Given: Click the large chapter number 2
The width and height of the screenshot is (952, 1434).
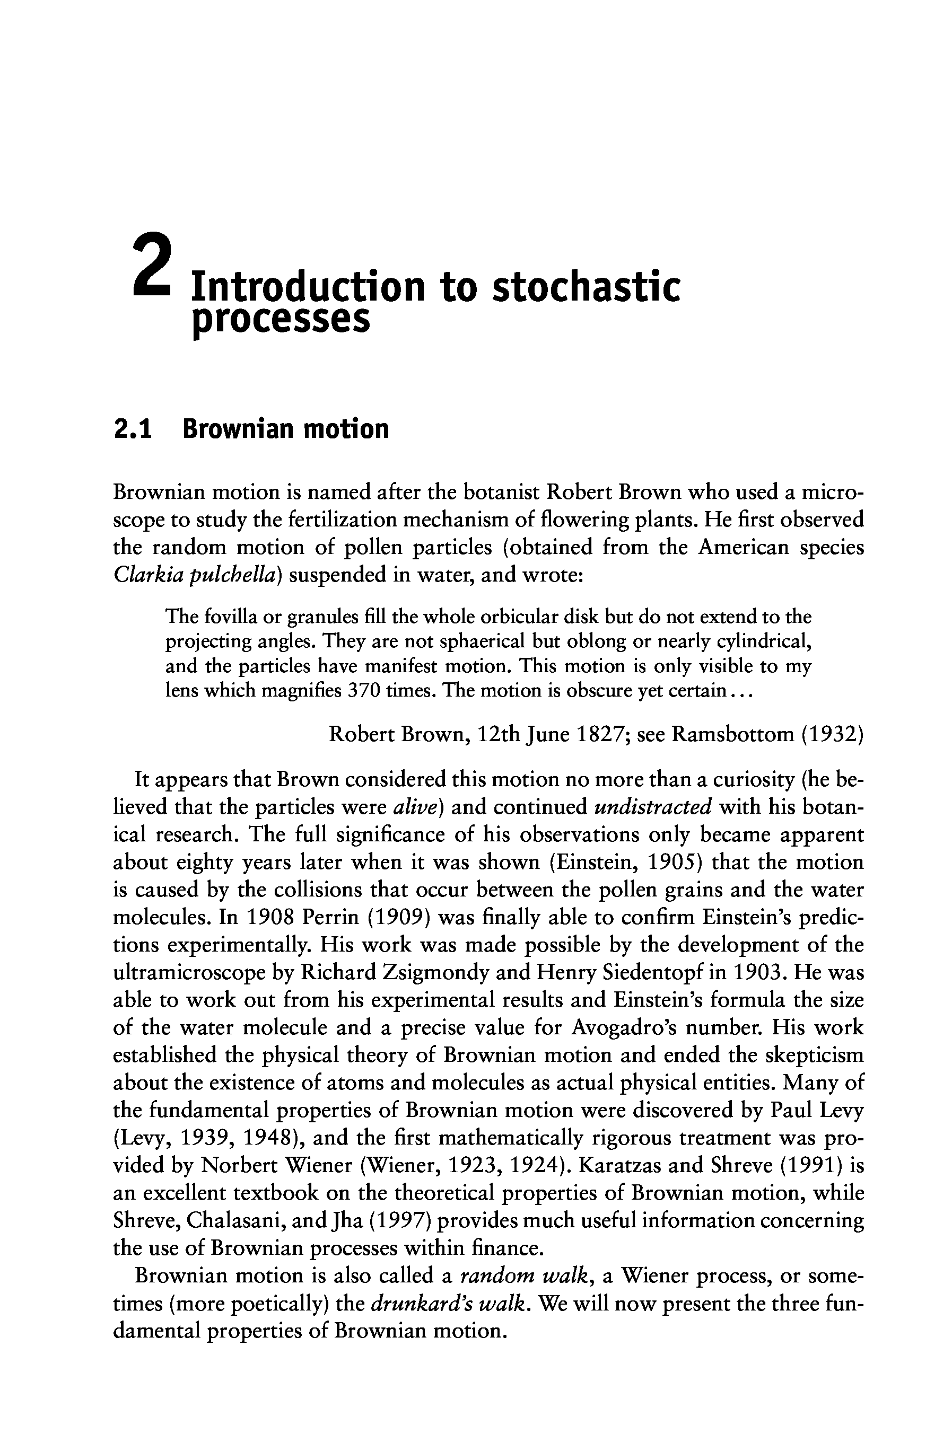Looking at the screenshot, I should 151,265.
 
